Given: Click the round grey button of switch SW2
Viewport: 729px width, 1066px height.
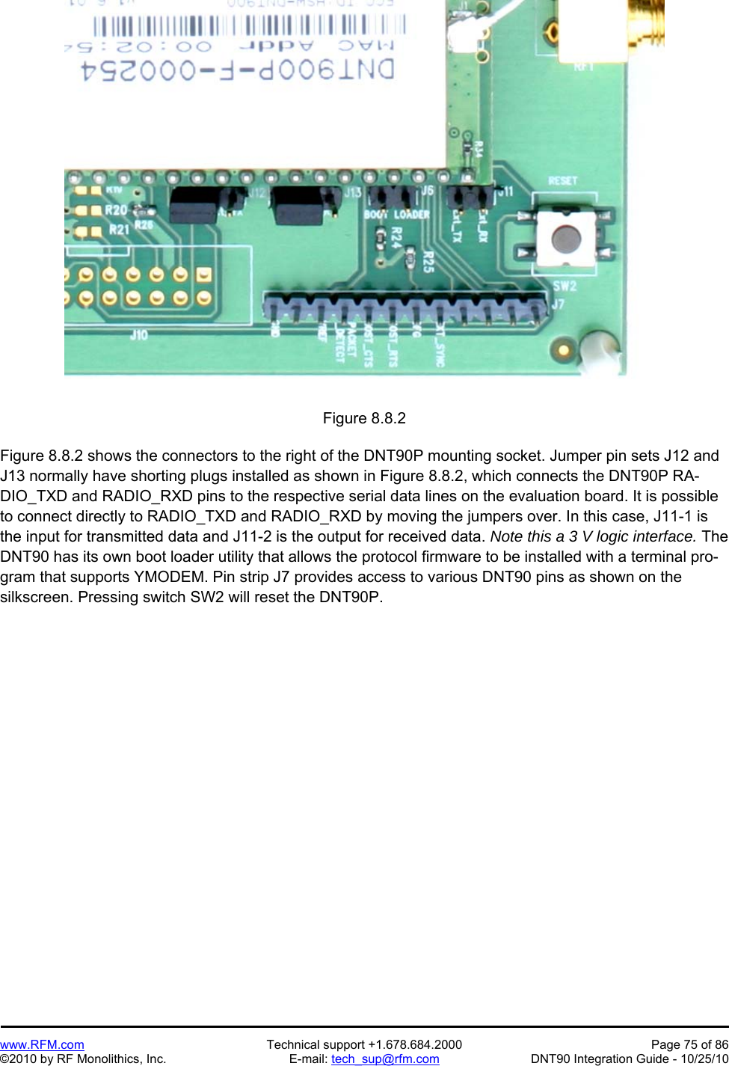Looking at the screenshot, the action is click(x=565, y=239).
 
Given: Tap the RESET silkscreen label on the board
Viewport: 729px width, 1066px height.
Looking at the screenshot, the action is click(x=562, y=181).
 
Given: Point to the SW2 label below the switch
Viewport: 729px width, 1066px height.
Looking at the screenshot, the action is click(x=565, y=286).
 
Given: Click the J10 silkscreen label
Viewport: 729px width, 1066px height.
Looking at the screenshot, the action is click(x=138, y=335).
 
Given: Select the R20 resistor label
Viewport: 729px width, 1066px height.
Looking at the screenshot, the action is click(x=116, y=210).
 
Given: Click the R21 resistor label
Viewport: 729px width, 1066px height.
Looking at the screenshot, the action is click(x=118, y=230).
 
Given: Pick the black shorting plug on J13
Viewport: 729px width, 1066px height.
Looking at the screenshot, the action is click(x=298, y=206).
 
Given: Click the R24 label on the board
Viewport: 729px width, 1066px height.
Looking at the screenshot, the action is click(x=396, y=237).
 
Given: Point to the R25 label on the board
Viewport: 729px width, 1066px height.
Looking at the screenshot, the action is click(x=428, y=261).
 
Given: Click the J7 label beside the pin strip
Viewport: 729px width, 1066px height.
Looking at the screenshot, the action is click(x=557, y=305).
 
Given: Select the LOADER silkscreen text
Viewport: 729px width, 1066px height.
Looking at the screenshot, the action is click(x=411, y=215).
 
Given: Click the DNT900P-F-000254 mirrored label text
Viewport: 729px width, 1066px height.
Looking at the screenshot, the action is click(x=238, y=71).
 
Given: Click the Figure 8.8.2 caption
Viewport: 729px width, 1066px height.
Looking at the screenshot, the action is click(x=364, y=418).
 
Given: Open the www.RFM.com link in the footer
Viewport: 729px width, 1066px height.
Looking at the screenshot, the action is click(x=42, y=1044).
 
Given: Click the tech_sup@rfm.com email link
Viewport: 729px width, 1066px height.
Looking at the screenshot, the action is click(x=385, y=1059).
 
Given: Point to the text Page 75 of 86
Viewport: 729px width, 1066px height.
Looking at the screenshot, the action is click(x=689, y=1044).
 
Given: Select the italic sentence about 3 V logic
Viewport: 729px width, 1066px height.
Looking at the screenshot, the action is click(x=593, y=536).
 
